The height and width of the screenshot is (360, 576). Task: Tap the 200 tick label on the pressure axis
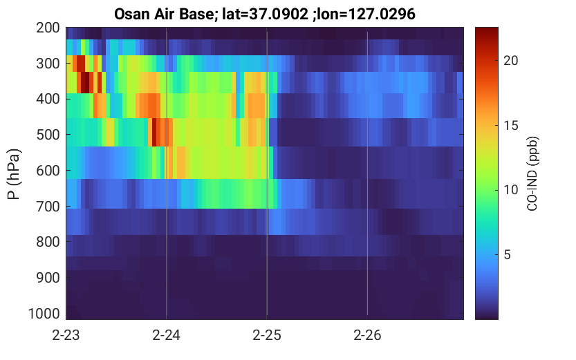(48, 28)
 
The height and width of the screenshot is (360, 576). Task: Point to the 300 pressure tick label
(48, 64)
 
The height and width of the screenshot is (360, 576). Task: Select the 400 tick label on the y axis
(48, 99)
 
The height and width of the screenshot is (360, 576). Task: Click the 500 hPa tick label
(48, 135)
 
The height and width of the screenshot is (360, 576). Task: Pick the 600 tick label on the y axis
(48, 171)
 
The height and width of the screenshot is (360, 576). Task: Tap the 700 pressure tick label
(48, 207)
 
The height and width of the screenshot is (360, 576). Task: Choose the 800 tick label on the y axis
(48, 243)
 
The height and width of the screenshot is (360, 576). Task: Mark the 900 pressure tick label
(48, 278)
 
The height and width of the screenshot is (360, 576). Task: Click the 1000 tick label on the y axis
(44, 314)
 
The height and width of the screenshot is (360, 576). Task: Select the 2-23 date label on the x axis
(66, 335)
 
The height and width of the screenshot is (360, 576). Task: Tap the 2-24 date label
(167, 335)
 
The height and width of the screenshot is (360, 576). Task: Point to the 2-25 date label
(267, 335)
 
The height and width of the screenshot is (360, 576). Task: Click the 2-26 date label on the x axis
(367, 335)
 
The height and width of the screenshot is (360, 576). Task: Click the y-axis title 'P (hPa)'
(14, 173)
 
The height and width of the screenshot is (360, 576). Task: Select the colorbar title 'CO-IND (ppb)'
(532, 173)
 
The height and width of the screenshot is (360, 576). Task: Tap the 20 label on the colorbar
(510, 61)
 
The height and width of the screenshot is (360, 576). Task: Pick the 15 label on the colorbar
(510, 126)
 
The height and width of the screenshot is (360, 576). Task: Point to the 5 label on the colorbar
(508, 255)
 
